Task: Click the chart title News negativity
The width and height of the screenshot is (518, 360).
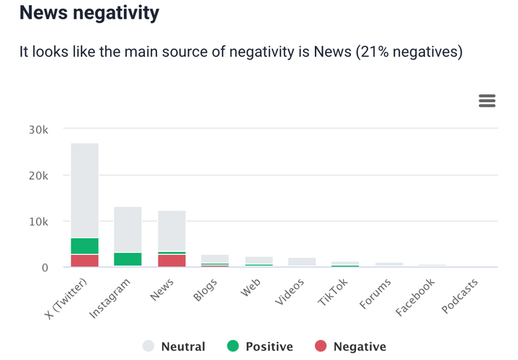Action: pyautogui.click(x=89, y=13)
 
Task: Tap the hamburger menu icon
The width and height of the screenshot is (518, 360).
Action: pyautogui.click(x=487, y=101)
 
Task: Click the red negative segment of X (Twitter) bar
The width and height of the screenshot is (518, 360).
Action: pyautogui.click(x=84, y=261)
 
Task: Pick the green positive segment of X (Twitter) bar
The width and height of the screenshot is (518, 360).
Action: pyautogui.click(x=84, y=246)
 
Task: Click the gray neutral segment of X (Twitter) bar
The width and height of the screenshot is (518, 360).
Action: pyautogui.click(x=84, y=191)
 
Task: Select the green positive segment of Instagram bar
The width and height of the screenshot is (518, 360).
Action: pyautogui.click(x=128, y=259)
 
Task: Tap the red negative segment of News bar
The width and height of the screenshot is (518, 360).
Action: pyautogui.click(x=171, y=261)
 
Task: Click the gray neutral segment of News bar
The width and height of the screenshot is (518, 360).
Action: pyautogui.click(x=171, y=230)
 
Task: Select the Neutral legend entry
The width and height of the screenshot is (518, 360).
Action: pyautogui.click(x=175, y=346)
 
